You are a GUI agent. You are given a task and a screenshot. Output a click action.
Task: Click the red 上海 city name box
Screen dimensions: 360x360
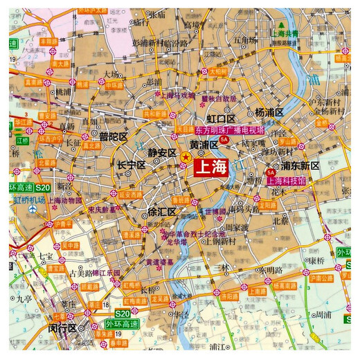(213, 167)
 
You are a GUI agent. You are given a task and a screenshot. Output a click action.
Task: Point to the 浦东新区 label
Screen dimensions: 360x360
(299, 165)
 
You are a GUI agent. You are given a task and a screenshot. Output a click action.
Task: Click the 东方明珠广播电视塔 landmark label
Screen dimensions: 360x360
(225, 129)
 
